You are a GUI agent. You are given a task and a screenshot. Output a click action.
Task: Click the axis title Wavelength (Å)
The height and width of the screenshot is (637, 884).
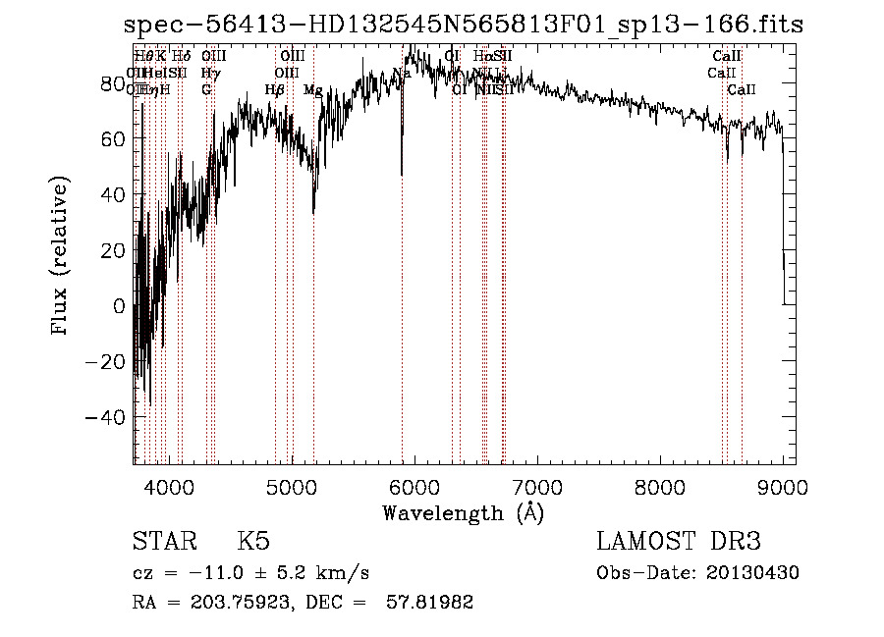(x=463, y=512)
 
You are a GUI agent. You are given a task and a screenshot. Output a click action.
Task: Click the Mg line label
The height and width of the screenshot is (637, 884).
(x=313, y=90)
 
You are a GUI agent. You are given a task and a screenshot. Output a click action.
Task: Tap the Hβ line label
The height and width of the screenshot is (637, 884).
(x=275, y=90)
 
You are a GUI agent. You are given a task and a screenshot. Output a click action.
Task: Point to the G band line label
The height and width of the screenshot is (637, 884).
(x=206, y=90)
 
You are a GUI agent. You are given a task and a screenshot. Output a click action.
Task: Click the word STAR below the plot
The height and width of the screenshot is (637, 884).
(x=163, y=542)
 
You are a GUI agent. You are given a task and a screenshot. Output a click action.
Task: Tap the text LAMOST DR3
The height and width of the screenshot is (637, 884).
(x=678, y=542)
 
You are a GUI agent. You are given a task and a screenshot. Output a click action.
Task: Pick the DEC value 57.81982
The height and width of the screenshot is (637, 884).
(x=431, y=603)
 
